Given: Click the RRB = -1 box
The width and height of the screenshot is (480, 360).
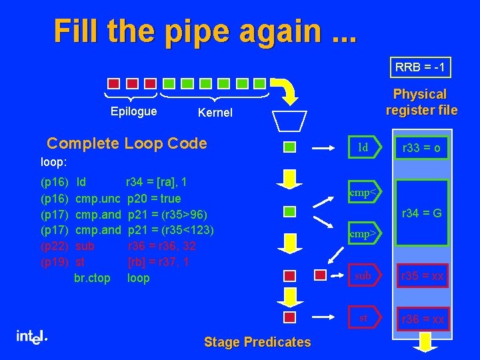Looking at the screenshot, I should (420, 67).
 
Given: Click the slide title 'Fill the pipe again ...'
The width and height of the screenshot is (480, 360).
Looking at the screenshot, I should (205, 31).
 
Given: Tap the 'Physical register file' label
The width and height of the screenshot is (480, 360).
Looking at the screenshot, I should (420, 102).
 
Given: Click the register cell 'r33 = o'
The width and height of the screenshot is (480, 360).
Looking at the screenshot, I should (419, 148).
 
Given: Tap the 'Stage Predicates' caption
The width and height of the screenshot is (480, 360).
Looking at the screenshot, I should (257, 342).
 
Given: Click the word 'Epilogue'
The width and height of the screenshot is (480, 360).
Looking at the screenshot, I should (133, 111).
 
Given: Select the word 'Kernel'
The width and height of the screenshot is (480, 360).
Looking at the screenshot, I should (215, 113).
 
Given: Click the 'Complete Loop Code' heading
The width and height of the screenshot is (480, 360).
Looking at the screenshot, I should (127, 143).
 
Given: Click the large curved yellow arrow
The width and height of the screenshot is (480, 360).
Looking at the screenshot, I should (287, 91).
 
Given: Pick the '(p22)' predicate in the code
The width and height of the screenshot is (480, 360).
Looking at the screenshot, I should (53, 246).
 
